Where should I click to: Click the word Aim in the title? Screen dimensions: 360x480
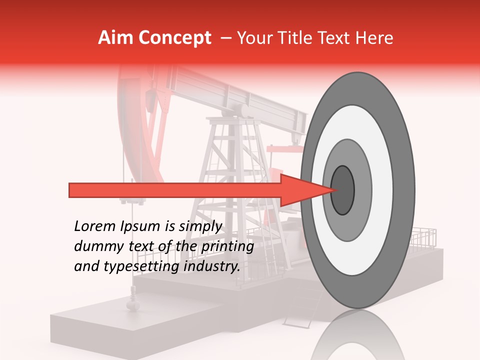click(x=116, y=38)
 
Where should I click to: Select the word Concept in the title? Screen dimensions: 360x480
click(x=175, y=38)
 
